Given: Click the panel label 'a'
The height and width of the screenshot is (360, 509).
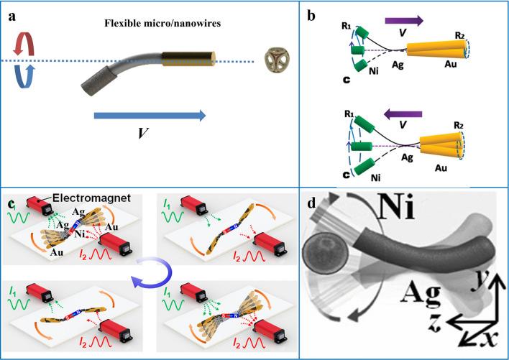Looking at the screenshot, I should pos(12,14).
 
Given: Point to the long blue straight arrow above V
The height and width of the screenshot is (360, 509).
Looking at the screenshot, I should pos(150,115).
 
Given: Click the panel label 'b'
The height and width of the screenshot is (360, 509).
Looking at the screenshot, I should pos(315,15).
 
